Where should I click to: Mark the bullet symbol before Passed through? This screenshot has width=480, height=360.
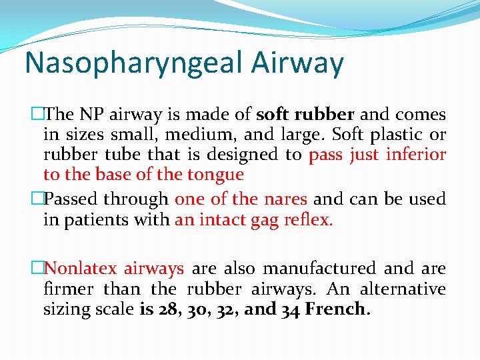tap(37, 199)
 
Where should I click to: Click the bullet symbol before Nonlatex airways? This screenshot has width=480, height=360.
tap(37, 269)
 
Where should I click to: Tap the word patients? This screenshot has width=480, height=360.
tap(97, 220)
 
